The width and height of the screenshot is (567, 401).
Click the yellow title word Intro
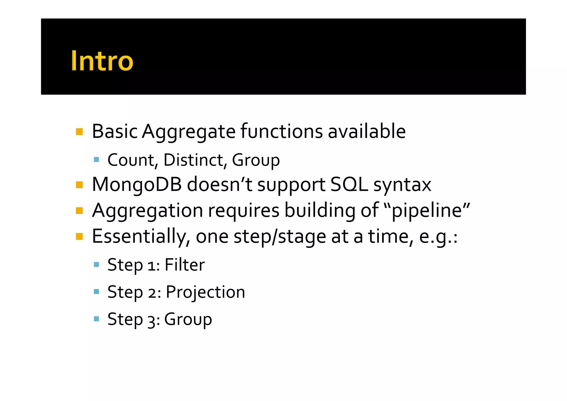coord(102,61)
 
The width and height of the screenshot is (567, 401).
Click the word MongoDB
coord(137,185)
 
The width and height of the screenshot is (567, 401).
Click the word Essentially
coord(141,236)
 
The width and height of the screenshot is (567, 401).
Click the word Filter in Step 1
coord(184,265)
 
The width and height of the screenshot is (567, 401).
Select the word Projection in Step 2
coord(205,292)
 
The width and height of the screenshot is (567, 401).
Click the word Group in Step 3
coord(188,320)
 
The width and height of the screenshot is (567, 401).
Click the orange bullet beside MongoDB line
coord(79,185)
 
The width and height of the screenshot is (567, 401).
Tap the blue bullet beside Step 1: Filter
coord(96,264)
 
